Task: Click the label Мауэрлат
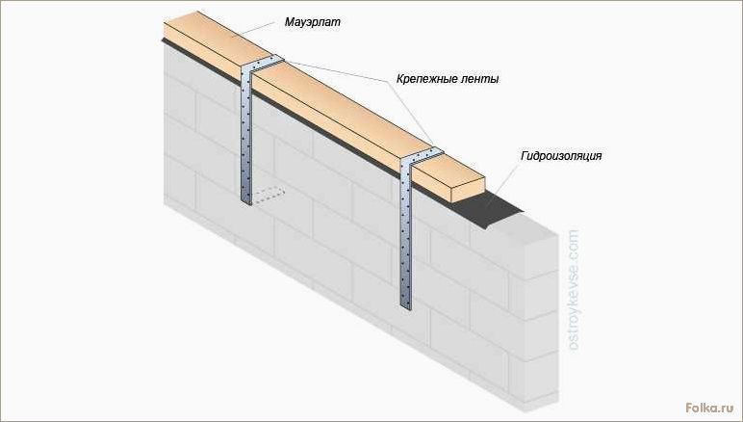312,22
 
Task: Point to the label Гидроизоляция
561,156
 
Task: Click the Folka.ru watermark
709,407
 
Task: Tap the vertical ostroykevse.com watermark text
574,290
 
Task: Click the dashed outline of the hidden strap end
269,196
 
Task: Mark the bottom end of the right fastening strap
405,305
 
